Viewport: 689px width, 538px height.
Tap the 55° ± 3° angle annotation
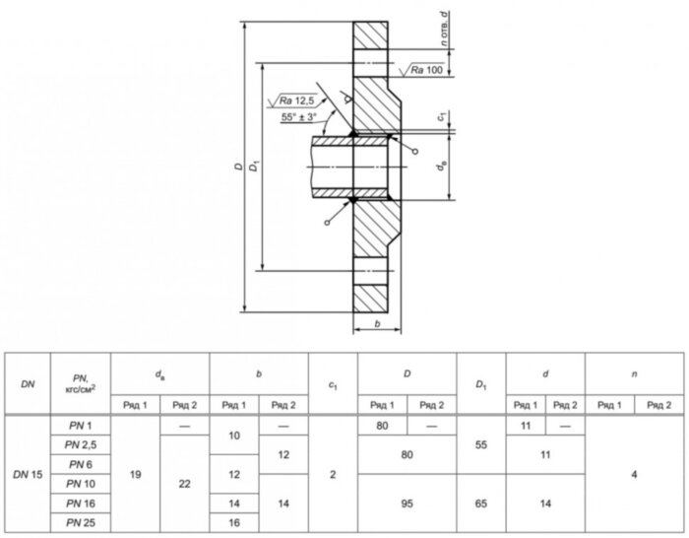point(299,117)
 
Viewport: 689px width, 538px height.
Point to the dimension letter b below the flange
point(377,324)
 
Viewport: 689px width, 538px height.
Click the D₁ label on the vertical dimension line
point(254,167)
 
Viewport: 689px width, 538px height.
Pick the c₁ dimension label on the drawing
point(442,117)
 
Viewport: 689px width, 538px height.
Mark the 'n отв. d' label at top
point(445,29)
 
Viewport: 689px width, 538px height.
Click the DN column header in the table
point(28,384)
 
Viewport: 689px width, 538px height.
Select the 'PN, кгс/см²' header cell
point(81,383)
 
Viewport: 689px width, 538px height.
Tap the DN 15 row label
point(28,475)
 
